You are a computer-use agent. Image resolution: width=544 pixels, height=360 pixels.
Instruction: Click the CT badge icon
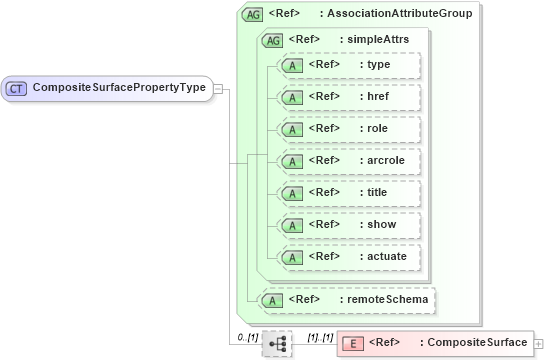coord(16,88)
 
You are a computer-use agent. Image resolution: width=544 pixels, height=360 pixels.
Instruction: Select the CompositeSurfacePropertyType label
coord(119,88)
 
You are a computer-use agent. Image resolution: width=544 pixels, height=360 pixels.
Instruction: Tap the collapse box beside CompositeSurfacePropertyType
coord(218,88)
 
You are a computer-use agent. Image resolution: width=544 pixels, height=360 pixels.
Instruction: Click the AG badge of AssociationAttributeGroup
coord(253,14)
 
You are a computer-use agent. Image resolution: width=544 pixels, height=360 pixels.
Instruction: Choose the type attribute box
coord(349,66)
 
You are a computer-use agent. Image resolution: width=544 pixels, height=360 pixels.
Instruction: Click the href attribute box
coord(349,97)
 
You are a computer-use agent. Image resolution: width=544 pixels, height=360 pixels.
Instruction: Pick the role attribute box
coord(349,129)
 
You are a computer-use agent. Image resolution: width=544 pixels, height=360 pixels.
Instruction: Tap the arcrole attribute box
coord(349,161)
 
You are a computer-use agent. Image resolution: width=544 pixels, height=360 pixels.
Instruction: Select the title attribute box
coord(349,193)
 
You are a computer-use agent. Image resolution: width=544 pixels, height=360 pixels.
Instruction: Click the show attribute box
coord(349,224)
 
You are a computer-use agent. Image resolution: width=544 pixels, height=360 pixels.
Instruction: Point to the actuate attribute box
coord(349,256)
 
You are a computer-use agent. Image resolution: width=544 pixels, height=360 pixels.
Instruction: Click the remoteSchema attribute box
coord(349,298)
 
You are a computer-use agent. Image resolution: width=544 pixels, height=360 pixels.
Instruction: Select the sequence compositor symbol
coord(278,343)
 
